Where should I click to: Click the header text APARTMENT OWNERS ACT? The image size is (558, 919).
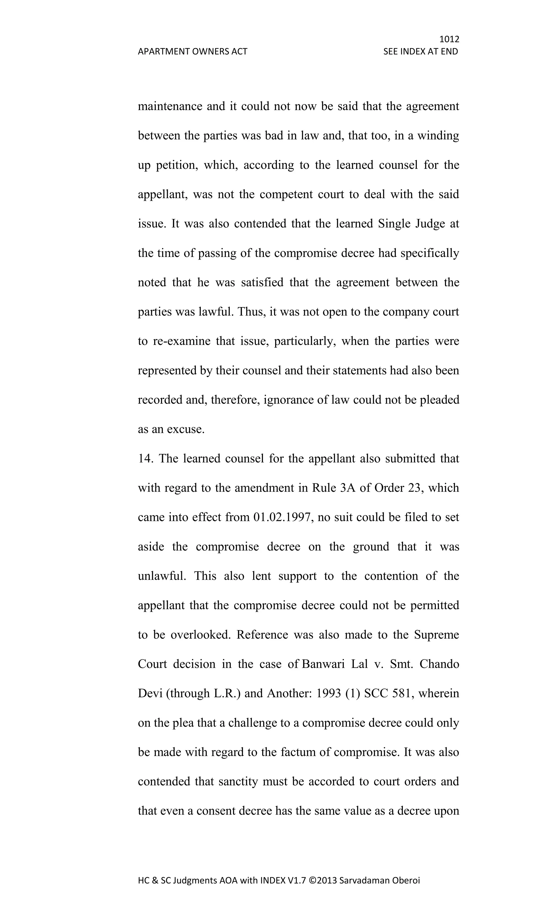192,51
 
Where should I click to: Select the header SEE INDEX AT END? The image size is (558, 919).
420,51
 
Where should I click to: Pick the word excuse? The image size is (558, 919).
185,429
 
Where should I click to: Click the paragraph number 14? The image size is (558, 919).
145,458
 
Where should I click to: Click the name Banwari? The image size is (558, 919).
323,664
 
